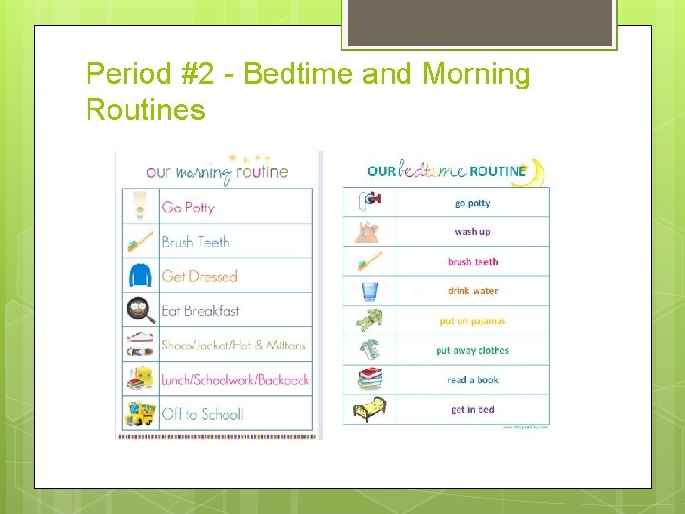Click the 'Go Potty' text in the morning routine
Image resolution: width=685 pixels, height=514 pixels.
(188, 208)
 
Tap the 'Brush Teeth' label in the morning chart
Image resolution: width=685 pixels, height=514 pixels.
(195, 242)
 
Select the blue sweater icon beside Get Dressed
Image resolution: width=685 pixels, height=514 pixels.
(141, 276)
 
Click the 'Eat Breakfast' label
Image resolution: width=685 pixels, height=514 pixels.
(200, 310)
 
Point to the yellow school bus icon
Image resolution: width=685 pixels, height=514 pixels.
(141, 413)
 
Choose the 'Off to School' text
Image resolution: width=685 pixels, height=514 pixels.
(202, 414)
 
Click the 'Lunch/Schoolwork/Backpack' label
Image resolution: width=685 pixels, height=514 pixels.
(235, 380)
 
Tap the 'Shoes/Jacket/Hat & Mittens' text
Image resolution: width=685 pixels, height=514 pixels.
(233, 346)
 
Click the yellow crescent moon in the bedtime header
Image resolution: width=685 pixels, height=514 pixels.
(536, 171)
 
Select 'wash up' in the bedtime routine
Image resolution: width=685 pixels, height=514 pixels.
(472, 232)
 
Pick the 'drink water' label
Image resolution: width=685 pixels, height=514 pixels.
(473, 291)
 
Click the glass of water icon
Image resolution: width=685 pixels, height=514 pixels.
(369, 291)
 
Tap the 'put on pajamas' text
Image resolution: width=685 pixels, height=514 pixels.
(473, 322)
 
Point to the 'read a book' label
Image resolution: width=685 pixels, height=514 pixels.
(473, 380)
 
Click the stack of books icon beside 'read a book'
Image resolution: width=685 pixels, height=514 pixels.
(369, 380)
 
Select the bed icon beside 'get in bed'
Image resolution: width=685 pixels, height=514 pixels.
(369, 410)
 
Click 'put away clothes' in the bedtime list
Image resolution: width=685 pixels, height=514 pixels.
(473, 351)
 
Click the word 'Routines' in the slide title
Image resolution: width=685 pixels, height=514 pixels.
(146, 109)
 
